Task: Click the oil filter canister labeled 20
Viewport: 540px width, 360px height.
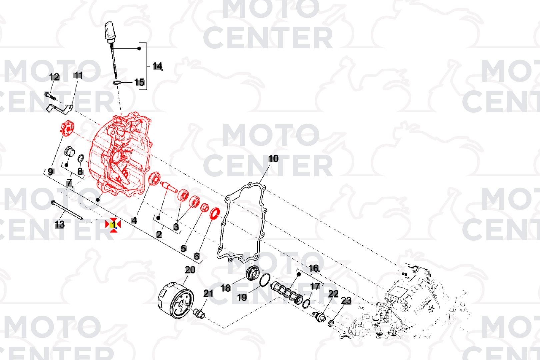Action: (x=175, y=301)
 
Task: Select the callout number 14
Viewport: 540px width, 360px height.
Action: (x=157, y=66)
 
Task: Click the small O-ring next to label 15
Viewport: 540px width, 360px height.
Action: (x=117, y=83)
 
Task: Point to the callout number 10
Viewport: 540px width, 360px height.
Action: (x=273, y=159)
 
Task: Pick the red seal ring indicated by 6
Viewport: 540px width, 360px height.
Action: (x=215, y=213)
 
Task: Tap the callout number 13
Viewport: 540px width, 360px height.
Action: (x=60, y=225)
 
